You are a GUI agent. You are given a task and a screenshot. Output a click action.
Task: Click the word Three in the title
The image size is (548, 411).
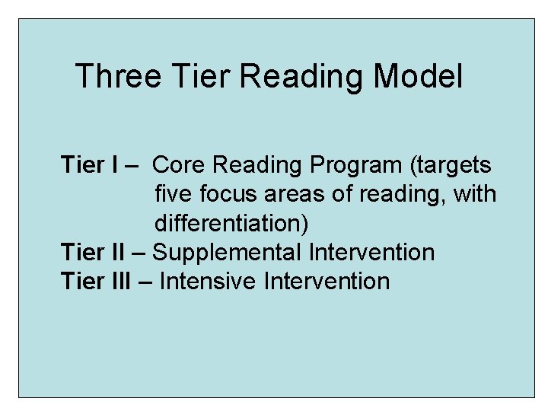(x=118, y=77)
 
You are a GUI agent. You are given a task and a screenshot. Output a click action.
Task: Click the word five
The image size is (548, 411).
(x=174, y=194)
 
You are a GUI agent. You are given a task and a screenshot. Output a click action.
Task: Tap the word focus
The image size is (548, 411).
(x=228, y=194)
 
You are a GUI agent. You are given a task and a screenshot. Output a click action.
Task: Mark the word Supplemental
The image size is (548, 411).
(x=228, y=253)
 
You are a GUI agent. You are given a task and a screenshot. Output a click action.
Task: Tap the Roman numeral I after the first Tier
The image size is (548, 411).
(x=114, y=165)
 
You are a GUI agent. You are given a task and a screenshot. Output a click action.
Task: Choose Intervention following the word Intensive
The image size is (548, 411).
(x=327, y=281)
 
